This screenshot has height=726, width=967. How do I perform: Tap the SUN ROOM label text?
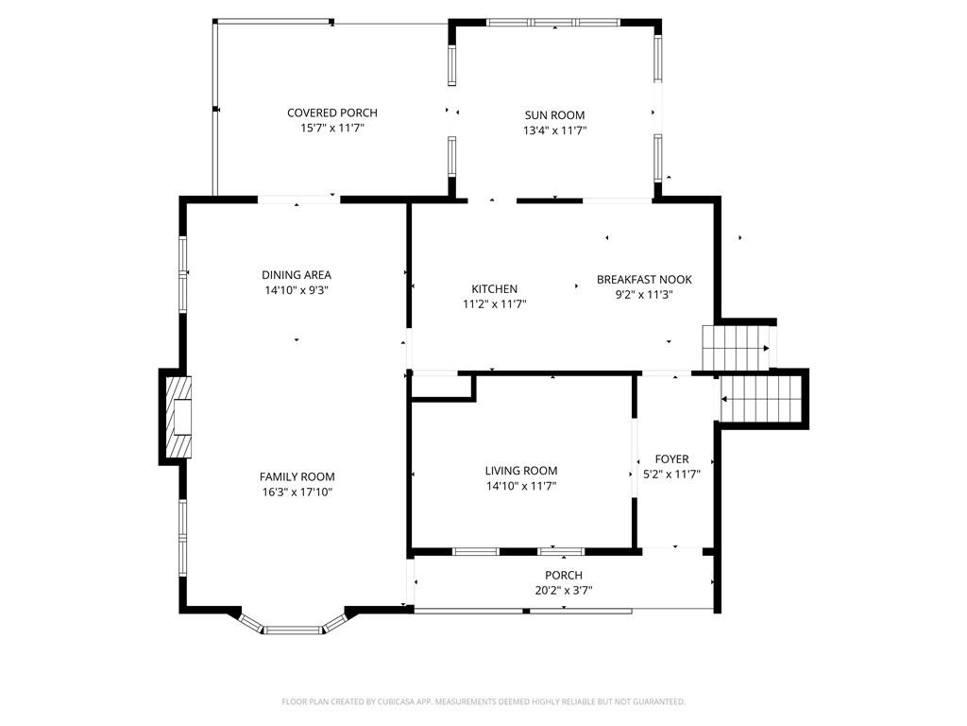554,115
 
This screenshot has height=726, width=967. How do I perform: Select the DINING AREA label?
297,275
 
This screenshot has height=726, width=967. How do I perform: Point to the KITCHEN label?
494,289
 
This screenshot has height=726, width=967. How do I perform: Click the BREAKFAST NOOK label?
644,280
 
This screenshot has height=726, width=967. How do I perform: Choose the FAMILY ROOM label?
297,476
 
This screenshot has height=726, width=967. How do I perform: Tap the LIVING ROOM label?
521,471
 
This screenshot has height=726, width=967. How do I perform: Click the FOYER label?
671,459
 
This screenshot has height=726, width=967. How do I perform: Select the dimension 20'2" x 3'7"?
564,591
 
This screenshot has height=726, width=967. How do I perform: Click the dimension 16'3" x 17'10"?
297,492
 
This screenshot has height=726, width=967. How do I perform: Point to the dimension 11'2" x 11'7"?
494,304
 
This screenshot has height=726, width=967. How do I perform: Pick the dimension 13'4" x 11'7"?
554,130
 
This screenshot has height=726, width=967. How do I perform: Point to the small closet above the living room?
442,387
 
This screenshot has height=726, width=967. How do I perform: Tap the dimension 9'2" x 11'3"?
644,294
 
